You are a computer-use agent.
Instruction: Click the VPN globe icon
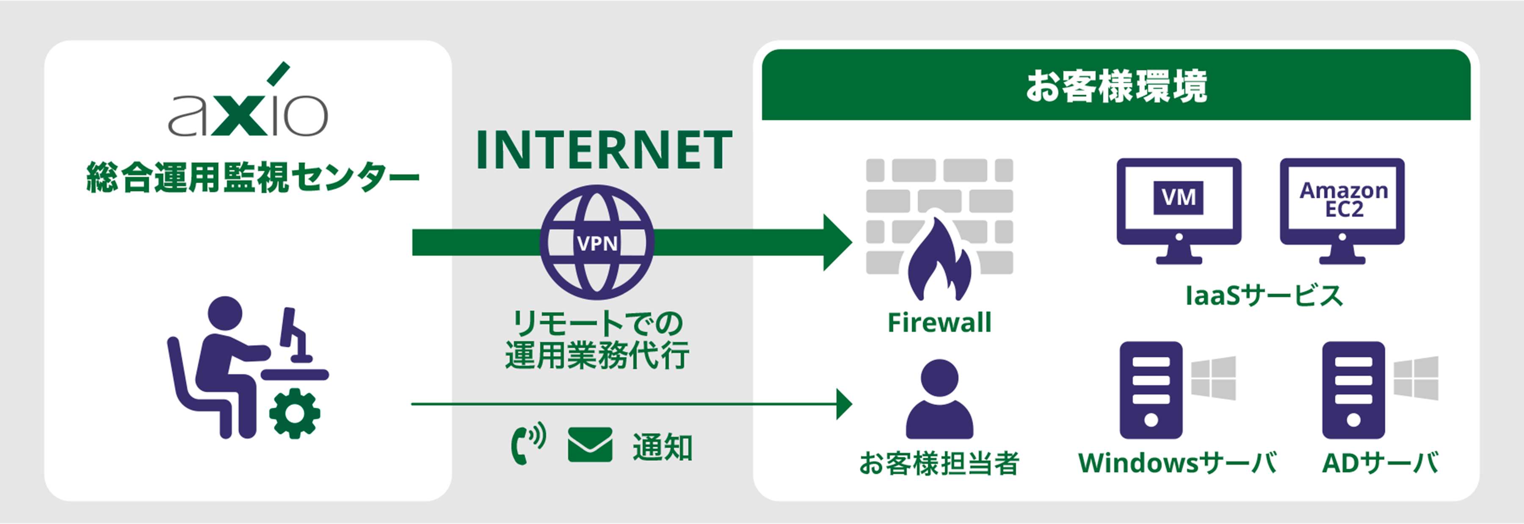(597, 243)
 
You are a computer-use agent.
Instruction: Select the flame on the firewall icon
(939, 260)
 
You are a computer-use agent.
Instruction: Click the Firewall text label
(939, 323)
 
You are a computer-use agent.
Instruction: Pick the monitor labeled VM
(1179, 207)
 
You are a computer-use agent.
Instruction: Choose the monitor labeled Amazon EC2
(1342, 207)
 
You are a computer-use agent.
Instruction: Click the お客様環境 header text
(1116, 86)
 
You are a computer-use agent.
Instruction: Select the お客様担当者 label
(939, 463)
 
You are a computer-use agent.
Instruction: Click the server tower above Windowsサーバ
(1151, 390)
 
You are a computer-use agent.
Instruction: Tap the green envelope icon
(590, 445)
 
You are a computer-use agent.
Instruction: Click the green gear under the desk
(295, 413)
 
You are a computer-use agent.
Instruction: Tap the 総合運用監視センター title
(253, 177)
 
